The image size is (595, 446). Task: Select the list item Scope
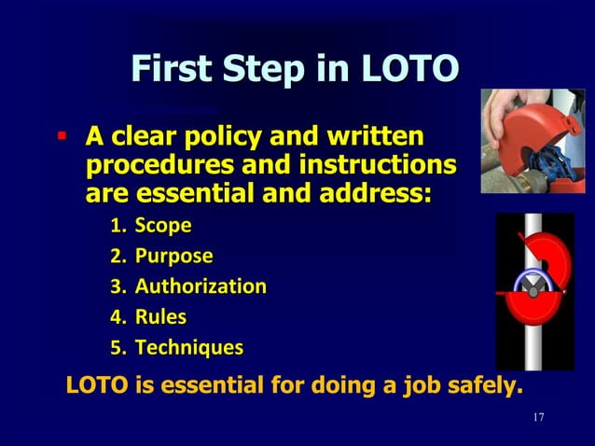click(163, 225)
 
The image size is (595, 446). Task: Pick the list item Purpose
click(173, 256)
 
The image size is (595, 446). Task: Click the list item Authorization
click(201, 286)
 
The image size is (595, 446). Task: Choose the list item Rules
click(160, 317)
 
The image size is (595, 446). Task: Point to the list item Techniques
click(189, 348)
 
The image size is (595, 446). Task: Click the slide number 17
click(537, 415)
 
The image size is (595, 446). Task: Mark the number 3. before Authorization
click(118, 286)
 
